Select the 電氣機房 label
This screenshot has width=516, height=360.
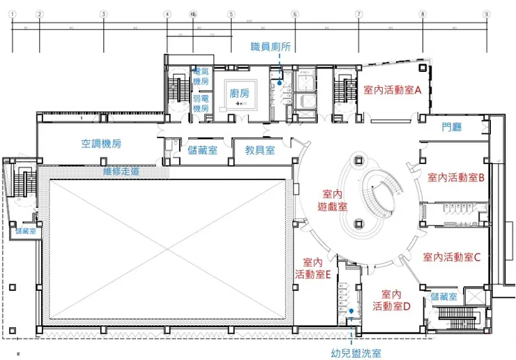[x=201, y=75]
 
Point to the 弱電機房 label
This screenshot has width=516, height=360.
[x=201, y=104]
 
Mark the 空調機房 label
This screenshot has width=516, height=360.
[x=101, y=144]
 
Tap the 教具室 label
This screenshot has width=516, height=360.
[x=259, y=150]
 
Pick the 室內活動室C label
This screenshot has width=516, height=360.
[x=453, y=257]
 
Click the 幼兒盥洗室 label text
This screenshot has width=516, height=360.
[x=356, y=354]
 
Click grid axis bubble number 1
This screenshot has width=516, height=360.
[x=13, y=13]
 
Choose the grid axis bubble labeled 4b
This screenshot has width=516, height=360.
[x=192, y=13]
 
